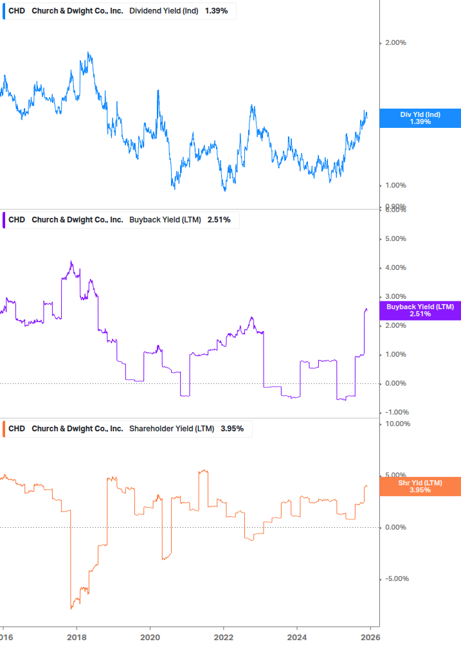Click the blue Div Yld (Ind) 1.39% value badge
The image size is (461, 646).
tap(420, 118)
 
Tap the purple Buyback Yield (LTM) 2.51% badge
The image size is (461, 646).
tap(420, 310)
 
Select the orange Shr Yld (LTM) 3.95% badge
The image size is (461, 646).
tap(420, 486)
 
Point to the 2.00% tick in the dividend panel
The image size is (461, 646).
tap(395, 43)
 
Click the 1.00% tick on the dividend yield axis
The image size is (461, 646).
tap(395, 186)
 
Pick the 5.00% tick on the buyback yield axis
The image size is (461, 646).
tap(395, 239)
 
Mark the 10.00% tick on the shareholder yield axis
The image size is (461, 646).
tap(397, 424)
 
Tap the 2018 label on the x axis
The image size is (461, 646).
tap(77, 636)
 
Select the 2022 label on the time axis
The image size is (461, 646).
tap(223, 636)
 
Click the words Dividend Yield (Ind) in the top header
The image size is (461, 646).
tap(164, 12)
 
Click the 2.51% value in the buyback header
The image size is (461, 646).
tap(219, 220)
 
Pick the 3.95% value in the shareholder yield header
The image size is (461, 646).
tap(232, 429)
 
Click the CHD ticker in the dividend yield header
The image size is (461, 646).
tap(17, 12)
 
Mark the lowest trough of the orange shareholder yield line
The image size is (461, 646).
tap(71, 607)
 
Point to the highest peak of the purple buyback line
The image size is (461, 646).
tap(71, 262)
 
